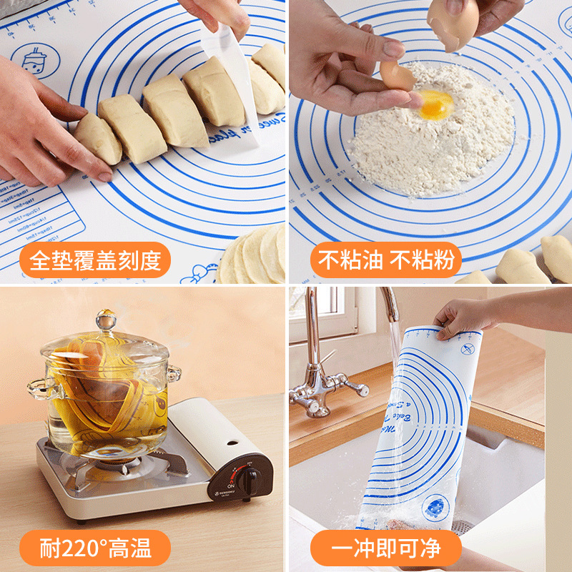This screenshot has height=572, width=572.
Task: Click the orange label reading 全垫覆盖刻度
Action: (94, 261)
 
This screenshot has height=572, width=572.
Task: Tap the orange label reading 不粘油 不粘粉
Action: (386, 261)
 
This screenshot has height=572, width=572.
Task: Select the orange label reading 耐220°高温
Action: (94, 548)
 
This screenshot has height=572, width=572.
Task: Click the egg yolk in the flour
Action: (435, 104)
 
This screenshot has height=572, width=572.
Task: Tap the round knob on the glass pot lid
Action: (107, 319)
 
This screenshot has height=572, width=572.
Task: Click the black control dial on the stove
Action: (247, 480)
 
